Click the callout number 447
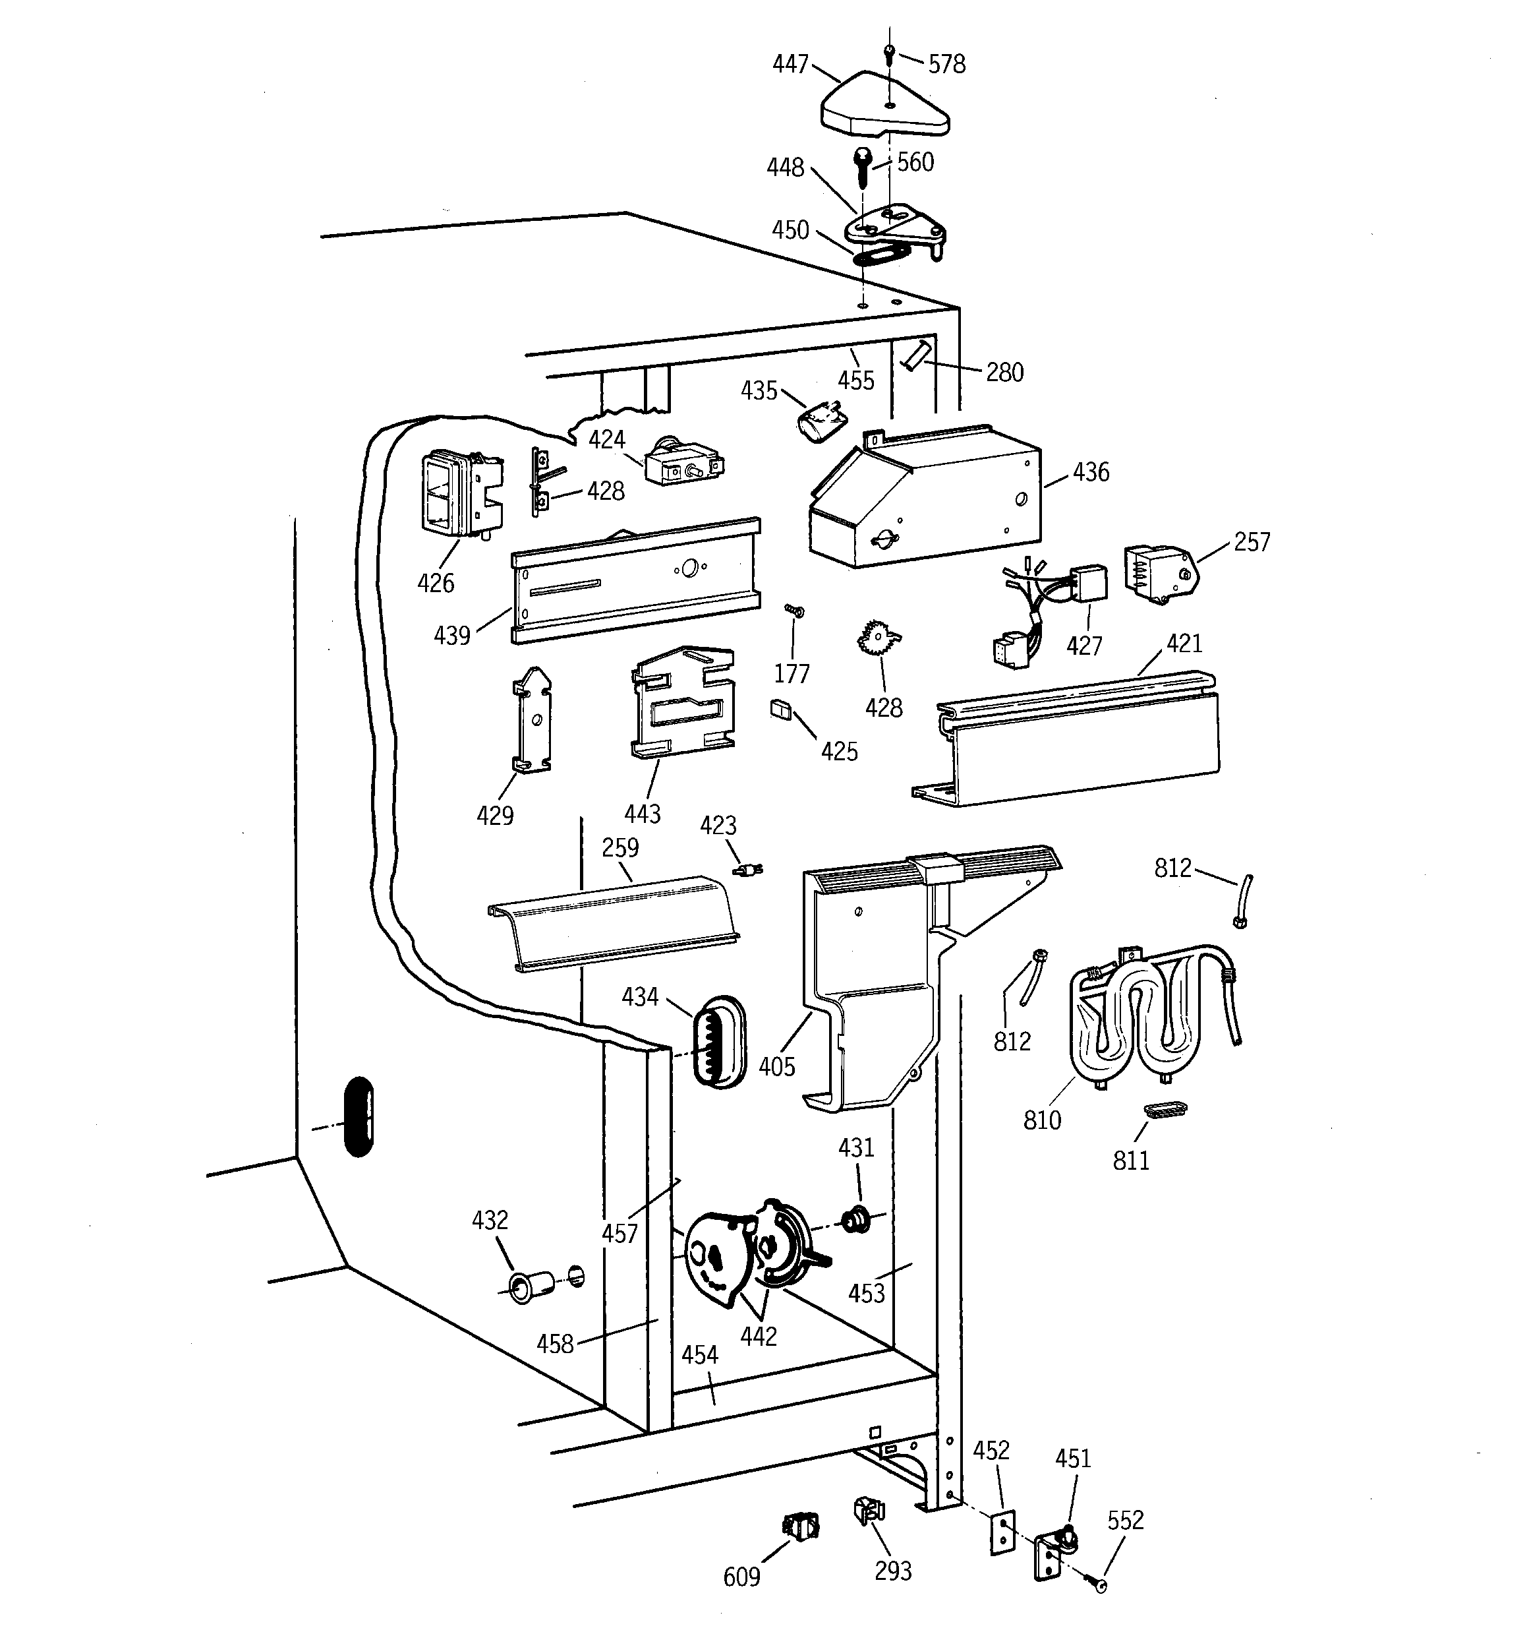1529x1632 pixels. (790, 64)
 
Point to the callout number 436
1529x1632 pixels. (1091, 472)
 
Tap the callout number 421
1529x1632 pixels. (1184, 643)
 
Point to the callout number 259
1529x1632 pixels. (620, 847)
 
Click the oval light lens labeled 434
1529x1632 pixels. (720, 1043)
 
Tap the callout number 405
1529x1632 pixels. (776, 1066)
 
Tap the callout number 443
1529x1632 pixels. (642, 814)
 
